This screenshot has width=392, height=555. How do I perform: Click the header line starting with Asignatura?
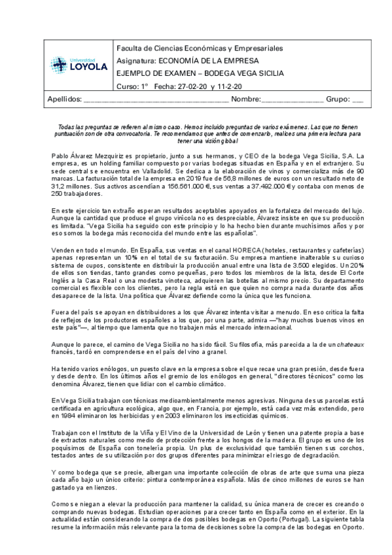tap(187, 60)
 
